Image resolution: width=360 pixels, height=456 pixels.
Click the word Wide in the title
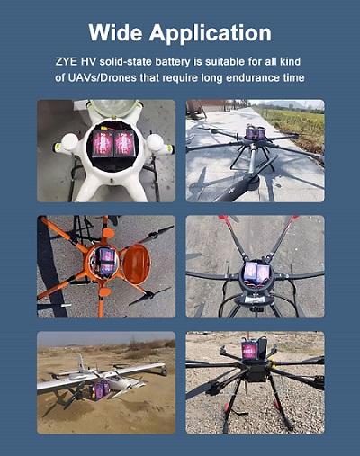click(118, 33)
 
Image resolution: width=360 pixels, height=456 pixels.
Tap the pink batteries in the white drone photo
click(112, 143)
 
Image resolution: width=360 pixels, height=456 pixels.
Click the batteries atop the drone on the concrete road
click(255, 134)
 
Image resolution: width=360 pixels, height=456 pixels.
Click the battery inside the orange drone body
click(106, 262)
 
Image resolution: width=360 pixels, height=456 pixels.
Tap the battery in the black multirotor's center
click(256, 273)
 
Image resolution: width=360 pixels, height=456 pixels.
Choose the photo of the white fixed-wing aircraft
click(105, 382)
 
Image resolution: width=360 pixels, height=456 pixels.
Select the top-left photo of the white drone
click(105, 150)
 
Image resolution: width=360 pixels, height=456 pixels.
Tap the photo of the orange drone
click(105, 266)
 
